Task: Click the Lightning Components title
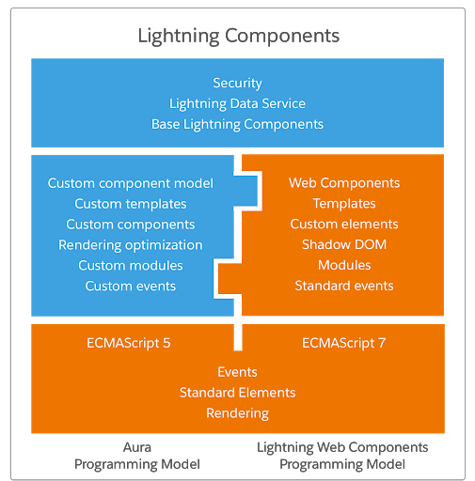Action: (238, 36)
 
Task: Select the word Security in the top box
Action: (237, 84)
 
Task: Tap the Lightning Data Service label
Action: (237, 103)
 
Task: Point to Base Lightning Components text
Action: (237, 124)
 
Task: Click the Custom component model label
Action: (131, 183)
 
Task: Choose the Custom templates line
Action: (131, 204)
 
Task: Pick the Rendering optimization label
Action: (131, 245)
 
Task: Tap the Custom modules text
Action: (131, 266)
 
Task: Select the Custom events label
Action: (131, 286)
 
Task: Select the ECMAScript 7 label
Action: (344, 343)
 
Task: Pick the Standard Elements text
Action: (237, 393)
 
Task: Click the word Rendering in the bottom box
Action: (237, 413)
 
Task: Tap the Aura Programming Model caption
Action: (137, 456)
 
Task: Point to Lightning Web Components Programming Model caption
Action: (342, 456)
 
